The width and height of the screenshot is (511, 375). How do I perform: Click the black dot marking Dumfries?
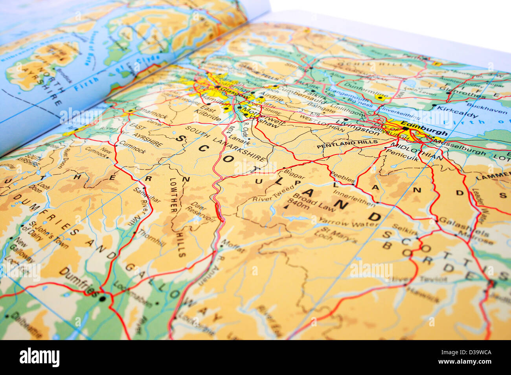point(103,299)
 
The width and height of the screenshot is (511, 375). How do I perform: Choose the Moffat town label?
point(233,247)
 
